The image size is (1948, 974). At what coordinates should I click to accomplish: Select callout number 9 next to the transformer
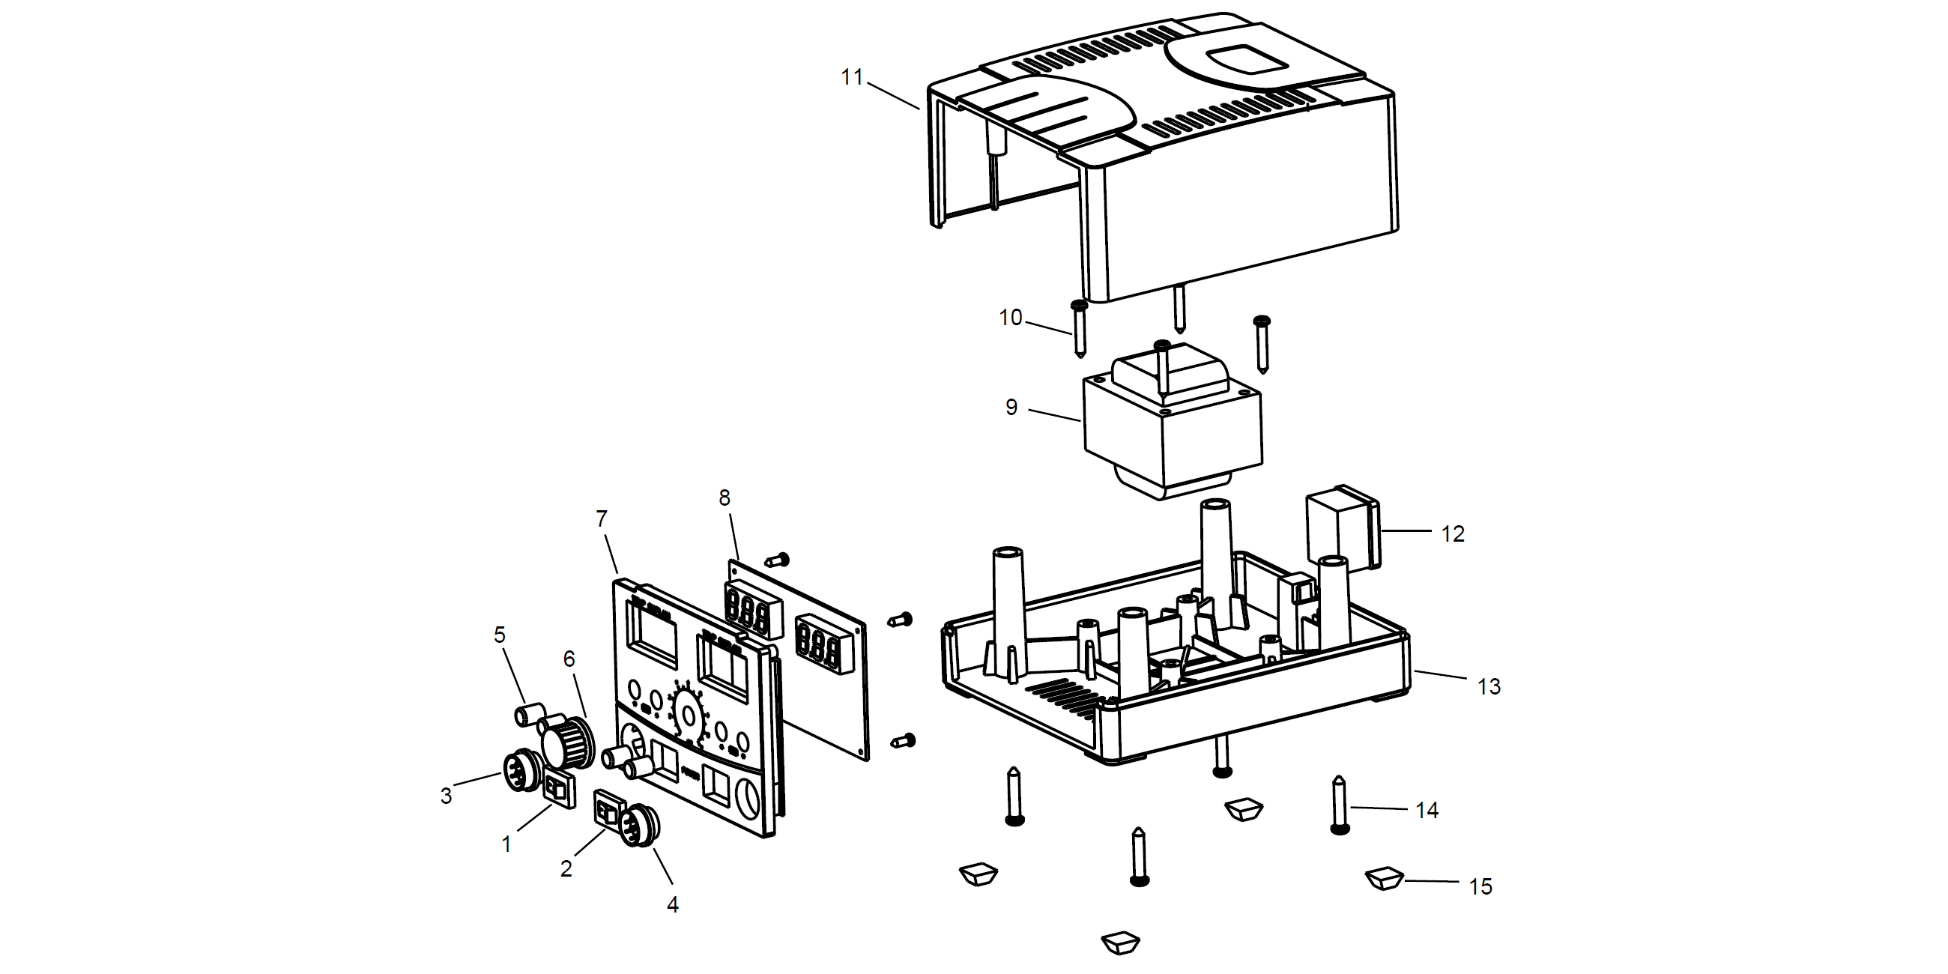click(x=1011, y=408)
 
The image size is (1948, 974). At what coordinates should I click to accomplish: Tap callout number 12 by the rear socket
click(x=1452, y=534)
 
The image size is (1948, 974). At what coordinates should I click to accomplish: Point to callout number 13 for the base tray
click(x=1488, y=686)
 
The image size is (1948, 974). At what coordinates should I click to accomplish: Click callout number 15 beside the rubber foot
click(x=1480, y=886)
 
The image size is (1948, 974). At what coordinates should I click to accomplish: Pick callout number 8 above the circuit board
click(x=725, y=498)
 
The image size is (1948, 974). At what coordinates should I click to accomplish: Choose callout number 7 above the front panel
click(x=601, y=519)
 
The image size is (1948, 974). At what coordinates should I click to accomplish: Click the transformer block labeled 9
click(x=1172, y=431)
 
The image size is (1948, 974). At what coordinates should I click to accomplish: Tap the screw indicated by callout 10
click(x=1079, y=329)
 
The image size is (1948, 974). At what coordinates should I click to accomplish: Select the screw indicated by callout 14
click(x=1338, y=805)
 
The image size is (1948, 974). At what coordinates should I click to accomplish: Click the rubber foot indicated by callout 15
click(x=1384, y=879)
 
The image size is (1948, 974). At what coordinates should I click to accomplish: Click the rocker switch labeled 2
click(x=608, y=812)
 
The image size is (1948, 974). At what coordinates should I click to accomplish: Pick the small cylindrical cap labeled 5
click(x=530, y=714)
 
